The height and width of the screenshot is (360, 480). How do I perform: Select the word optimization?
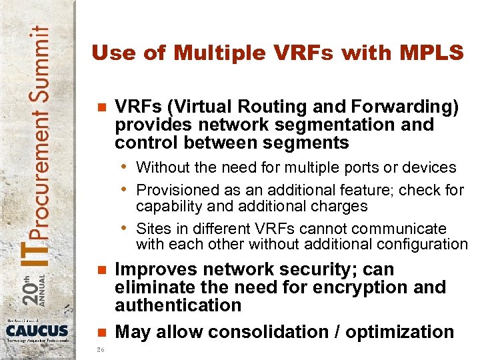[x=407, y=332]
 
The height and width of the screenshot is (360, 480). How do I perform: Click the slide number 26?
[x=101, y=349]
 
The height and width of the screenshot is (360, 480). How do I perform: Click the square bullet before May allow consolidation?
[x=102, y=333]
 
